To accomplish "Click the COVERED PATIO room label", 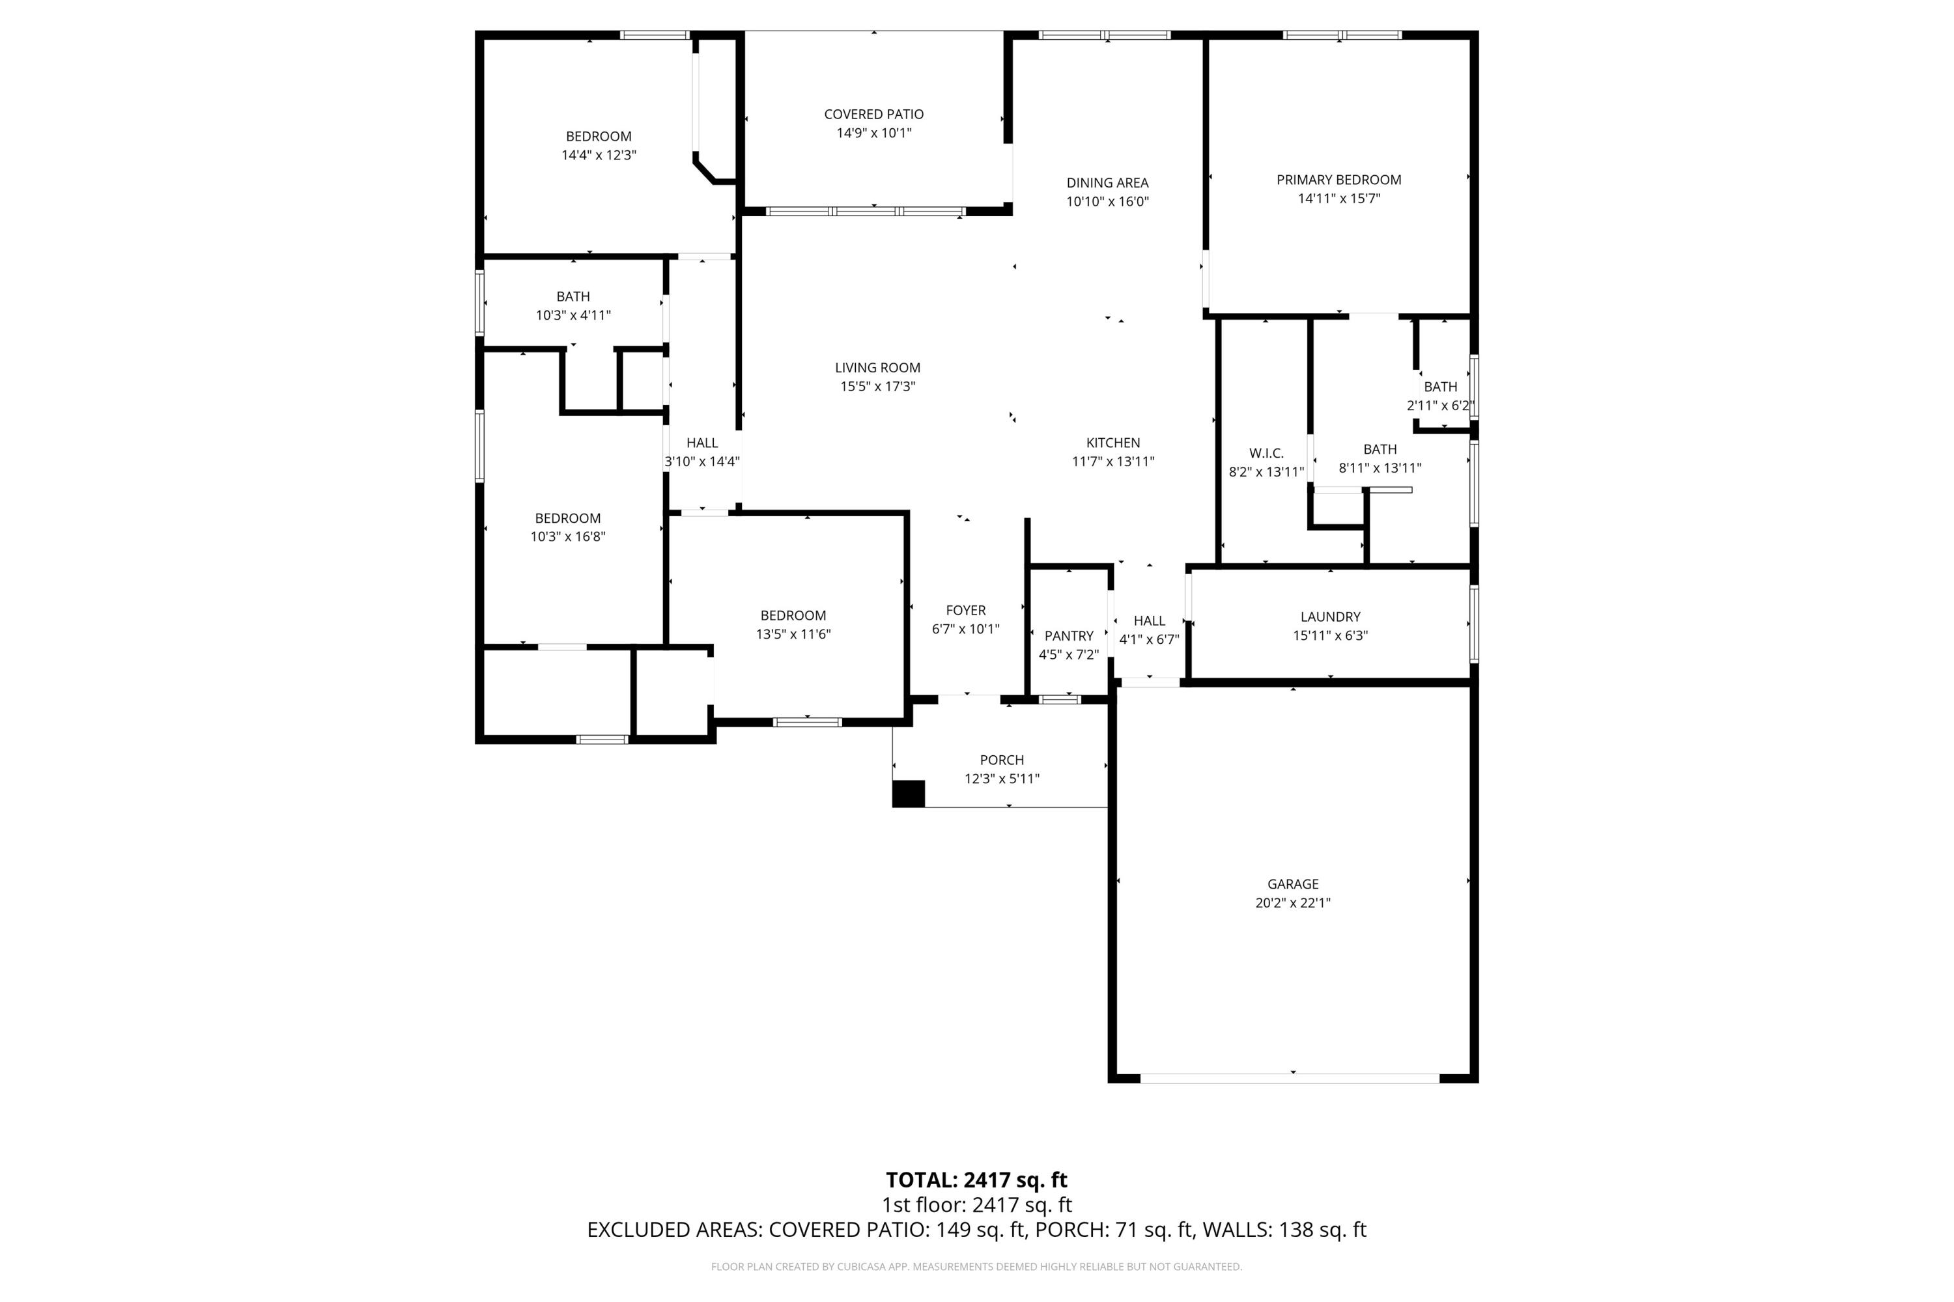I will [x=873, y=115].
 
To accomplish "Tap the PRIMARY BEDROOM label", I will [x=1338, y=180].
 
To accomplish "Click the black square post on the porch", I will [x=908, y=794].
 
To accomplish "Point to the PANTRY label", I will [x=1068, y=636].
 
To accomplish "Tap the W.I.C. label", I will [x=1266, y=453].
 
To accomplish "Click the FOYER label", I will [x=965, y=611].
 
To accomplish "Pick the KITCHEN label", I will [x=1112, y=443].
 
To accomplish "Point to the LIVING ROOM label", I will [x=877, y=368].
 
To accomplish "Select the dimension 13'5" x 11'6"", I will [x=793, y=634].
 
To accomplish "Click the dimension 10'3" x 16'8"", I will [x=567, y=537].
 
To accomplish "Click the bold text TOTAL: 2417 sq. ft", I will [x=976, y=1180].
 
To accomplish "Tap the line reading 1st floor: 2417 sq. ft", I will [x=976, y=1205].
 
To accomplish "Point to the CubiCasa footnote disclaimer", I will [x=976, y=1267].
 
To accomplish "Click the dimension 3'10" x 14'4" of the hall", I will [x=702, y=462].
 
